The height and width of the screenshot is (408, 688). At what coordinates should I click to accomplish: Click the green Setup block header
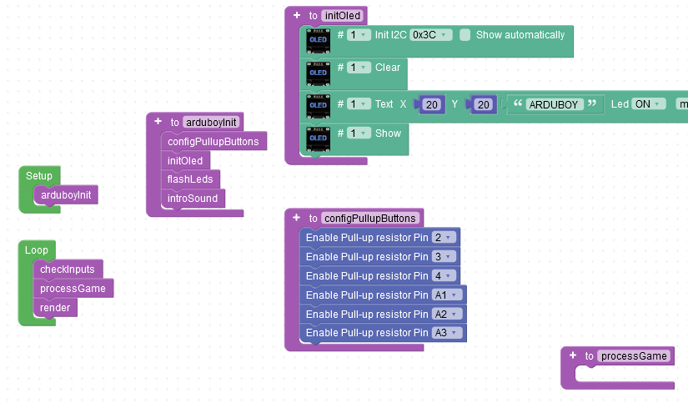[x=38, y=176]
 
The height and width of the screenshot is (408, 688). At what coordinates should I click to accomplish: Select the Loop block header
[x=36, y=250]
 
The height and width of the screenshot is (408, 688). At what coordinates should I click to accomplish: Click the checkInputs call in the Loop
[x=67, y=269]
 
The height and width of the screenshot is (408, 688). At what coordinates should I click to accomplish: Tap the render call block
[x=55, y=308]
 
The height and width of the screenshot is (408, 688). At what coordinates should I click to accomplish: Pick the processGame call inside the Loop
[x=73, y=289]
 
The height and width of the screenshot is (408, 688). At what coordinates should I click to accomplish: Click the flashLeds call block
[x=189, y=179]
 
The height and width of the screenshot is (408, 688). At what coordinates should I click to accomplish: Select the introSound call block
[x=192, y=199]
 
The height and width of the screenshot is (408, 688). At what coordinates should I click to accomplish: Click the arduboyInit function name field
[x=211, y=122]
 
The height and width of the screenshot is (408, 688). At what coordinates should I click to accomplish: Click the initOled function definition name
[x=342, y=16]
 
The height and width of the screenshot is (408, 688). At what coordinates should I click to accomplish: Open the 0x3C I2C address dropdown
[x=431, y=35]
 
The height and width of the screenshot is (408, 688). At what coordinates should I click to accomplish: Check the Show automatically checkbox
[x=465, y=35]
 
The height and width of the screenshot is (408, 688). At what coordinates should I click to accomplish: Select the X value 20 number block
[x=431, y=104]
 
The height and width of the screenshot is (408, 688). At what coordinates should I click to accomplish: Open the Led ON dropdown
[x=648, y=104]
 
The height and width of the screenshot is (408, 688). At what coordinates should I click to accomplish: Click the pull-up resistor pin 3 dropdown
[x=442, y=256]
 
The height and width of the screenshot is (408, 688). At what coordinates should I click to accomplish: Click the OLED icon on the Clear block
[x=318, y=73]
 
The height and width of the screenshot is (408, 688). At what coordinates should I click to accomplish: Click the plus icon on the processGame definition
[x=572, y=355]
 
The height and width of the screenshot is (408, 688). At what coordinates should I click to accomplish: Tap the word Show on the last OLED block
[x=388, y=133]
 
